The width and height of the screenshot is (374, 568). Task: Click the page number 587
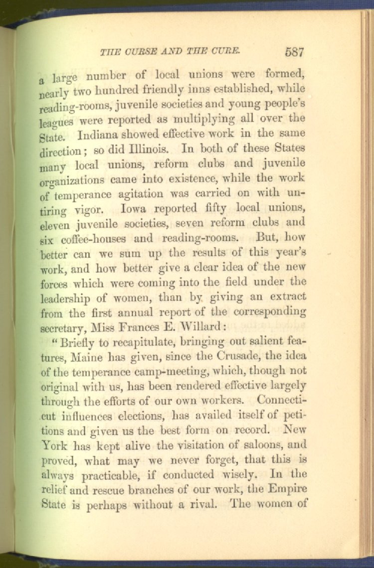295,51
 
